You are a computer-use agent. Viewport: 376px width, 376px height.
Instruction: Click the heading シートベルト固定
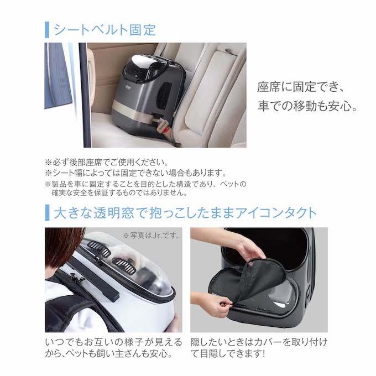tap(105, 30)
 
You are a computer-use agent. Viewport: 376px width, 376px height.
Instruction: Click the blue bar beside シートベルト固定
tap(47, 30)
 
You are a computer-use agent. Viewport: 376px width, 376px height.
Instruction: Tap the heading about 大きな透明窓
tap(185, 213)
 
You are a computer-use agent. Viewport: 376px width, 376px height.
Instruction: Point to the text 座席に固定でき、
tap(301, 87)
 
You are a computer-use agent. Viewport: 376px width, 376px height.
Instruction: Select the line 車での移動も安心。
tap(307, 106)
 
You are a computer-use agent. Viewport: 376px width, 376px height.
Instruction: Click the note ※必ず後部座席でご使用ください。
tap(107, 163)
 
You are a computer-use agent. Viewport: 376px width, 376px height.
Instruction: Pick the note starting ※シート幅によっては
tap(135, 173)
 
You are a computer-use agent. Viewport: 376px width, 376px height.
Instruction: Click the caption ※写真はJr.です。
tap(152, 235)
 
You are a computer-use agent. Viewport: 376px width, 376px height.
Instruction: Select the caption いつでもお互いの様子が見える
tap(113, 342)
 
